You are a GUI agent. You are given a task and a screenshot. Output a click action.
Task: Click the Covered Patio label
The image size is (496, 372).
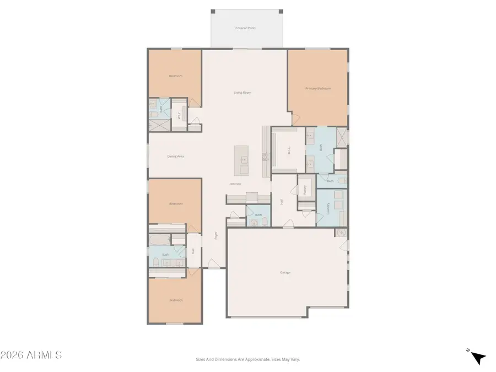pos(246,28)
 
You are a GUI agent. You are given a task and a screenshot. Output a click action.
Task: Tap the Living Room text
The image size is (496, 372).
pos(242,93)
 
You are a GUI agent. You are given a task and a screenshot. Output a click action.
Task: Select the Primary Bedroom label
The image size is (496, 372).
pos(318,88)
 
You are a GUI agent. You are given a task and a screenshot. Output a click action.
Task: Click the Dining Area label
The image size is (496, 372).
pos(175,157)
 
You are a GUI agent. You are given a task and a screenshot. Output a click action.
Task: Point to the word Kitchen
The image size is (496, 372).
pos(235,184)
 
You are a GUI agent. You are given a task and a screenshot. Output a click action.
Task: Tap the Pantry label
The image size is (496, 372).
pos(305,189)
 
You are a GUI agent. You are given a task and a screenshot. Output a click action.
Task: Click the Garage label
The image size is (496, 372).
pos(285,272)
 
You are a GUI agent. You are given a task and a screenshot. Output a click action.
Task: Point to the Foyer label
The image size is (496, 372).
pos(216,235)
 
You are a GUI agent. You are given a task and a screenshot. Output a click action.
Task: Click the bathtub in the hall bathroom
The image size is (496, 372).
pos(160,241)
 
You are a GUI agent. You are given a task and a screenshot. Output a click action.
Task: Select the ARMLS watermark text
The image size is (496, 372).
pos(31,355)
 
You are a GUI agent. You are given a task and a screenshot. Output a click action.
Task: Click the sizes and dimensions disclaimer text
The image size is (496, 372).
pos(248,359)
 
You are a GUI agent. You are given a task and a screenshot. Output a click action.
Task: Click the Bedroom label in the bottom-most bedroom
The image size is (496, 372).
pos(175,300)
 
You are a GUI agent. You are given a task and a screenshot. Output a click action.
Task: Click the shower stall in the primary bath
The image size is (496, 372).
pos(342,138)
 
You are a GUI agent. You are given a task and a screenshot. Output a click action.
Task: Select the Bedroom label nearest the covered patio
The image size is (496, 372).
pos(175,76)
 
